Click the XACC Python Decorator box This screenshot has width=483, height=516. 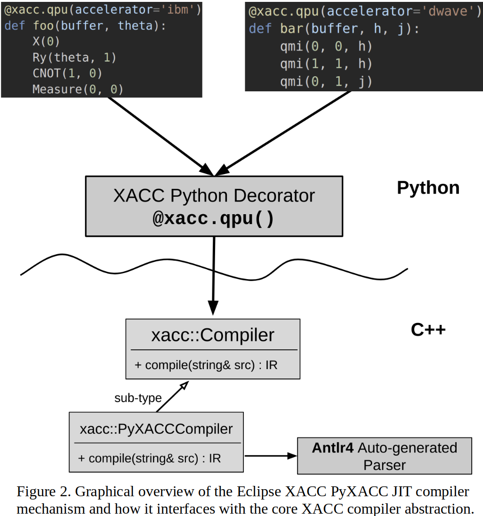(214, 206)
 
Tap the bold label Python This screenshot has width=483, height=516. (428, 188)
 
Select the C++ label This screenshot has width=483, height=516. (428, 330)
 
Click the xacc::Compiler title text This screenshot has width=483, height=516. (213, 335)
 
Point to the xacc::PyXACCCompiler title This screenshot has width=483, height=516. (156, 429)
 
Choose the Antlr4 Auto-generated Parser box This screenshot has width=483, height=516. (384, 456)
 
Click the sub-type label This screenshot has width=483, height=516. (138, 398)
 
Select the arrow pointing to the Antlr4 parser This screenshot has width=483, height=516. (270, 455)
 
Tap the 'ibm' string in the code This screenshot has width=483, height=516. (181, 9)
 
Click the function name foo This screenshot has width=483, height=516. (43, 25)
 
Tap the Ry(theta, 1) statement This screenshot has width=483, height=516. (74, 57)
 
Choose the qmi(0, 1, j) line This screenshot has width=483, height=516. (326, 82)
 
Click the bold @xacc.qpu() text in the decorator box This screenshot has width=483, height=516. (213, 219)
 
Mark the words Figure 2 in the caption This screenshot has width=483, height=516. (44, 492)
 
